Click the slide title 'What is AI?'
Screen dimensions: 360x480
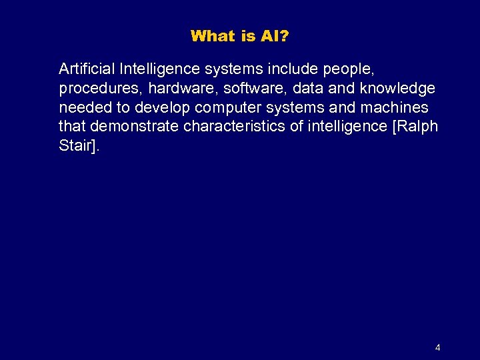tap(239, 36)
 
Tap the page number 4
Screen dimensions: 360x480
tap(437, 347)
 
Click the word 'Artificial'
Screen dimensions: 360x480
tap(87, 69)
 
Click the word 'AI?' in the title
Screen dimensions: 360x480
tap(274, 36)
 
